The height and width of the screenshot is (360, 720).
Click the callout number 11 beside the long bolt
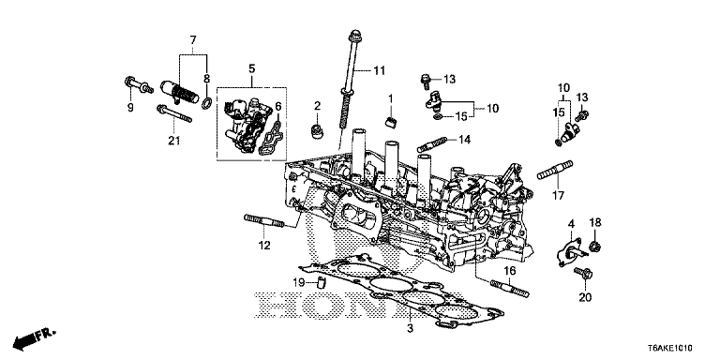click(x=379, y=70)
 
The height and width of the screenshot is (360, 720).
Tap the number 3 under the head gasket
click(x=409, y=328)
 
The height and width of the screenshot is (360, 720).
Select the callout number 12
click(x=264, y=246)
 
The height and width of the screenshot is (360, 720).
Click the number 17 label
click(x=559, y=196)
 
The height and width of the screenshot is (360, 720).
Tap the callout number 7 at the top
click(x=192, y=40)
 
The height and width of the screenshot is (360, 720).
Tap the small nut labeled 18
click(x=592, y=247)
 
